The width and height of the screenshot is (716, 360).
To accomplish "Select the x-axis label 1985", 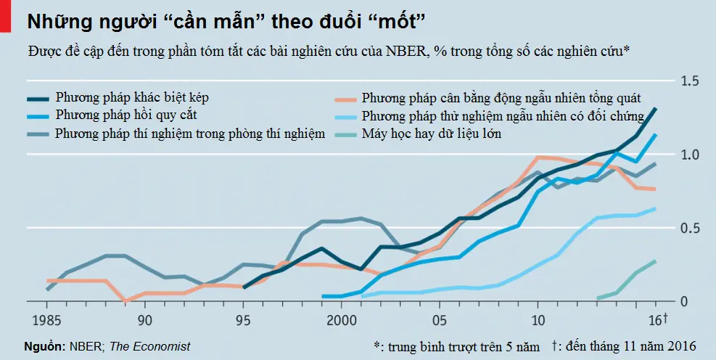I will point(46,319).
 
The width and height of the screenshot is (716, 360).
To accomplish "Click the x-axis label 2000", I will point(342,319).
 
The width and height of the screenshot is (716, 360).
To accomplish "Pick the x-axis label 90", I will point(145,319).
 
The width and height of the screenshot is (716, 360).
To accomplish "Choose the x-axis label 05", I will point(440,319).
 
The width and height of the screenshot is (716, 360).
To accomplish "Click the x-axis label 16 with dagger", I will point(657,319).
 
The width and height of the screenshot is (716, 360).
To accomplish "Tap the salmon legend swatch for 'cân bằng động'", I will point(345,97).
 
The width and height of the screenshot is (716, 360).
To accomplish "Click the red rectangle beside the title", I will point(5,15).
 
